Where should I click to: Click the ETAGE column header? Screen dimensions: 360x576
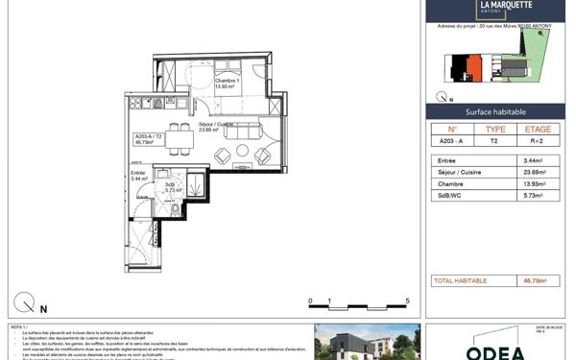tap(537, 128)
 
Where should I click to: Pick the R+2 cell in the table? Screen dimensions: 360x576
tap(537, 140)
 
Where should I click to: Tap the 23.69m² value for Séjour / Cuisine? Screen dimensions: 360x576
tap(534, 174)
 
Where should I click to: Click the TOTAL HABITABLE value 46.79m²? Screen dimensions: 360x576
tap(534, 281)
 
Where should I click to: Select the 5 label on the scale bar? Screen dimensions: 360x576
tap(408, 301)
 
